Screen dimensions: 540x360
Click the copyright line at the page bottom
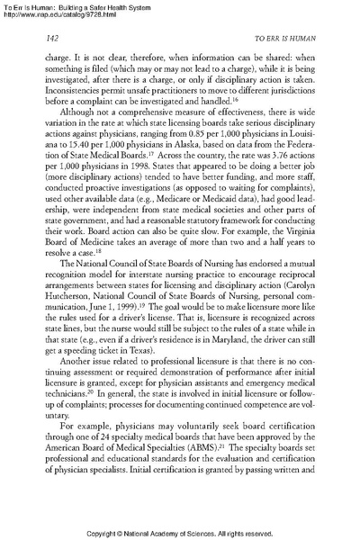tap(180, 531)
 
